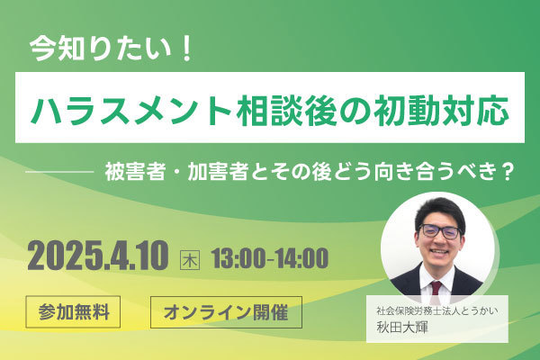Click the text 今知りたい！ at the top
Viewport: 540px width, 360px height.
110,49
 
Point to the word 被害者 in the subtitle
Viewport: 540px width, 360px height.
135,172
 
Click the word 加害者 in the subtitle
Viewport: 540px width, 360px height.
218,172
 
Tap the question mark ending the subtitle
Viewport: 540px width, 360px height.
506,172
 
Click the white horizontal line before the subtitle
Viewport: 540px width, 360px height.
60,170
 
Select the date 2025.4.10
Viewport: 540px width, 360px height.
98,256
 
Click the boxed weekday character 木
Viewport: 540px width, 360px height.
190,260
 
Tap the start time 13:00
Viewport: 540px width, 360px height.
238,258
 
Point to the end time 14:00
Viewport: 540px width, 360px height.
302,258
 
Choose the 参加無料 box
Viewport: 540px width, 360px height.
73,311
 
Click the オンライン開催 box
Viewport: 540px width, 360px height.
226,312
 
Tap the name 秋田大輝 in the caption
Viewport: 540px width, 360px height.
402,328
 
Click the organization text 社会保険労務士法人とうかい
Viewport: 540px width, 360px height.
437,311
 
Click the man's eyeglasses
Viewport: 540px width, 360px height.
440,231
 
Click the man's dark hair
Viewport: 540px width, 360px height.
440,209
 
